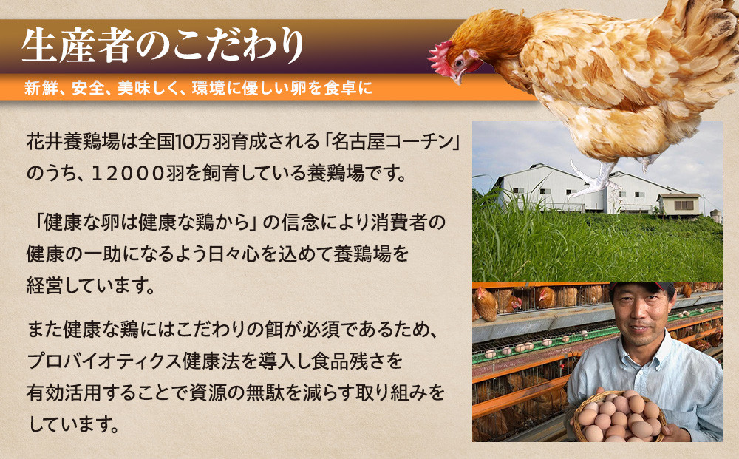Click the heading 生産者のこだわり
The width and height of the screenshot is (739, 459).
pyautogui.click(x=163, y=46)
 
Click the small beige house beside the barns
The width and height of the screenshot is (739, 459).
pyautogui.click(x=679, y=204)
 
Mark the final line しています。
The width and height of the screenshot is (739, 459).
pyautogui.click(x=73, y=424)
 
